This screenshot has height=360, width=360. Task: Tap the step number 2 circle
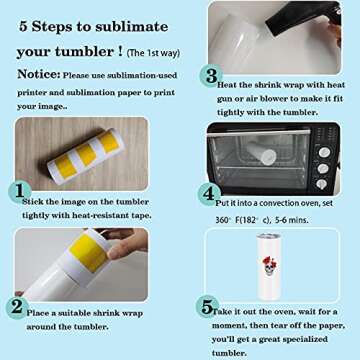17,306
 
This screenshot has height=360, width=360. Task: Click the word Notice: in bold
30,73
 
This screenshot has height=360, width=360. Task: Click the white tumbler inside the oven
267,156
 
